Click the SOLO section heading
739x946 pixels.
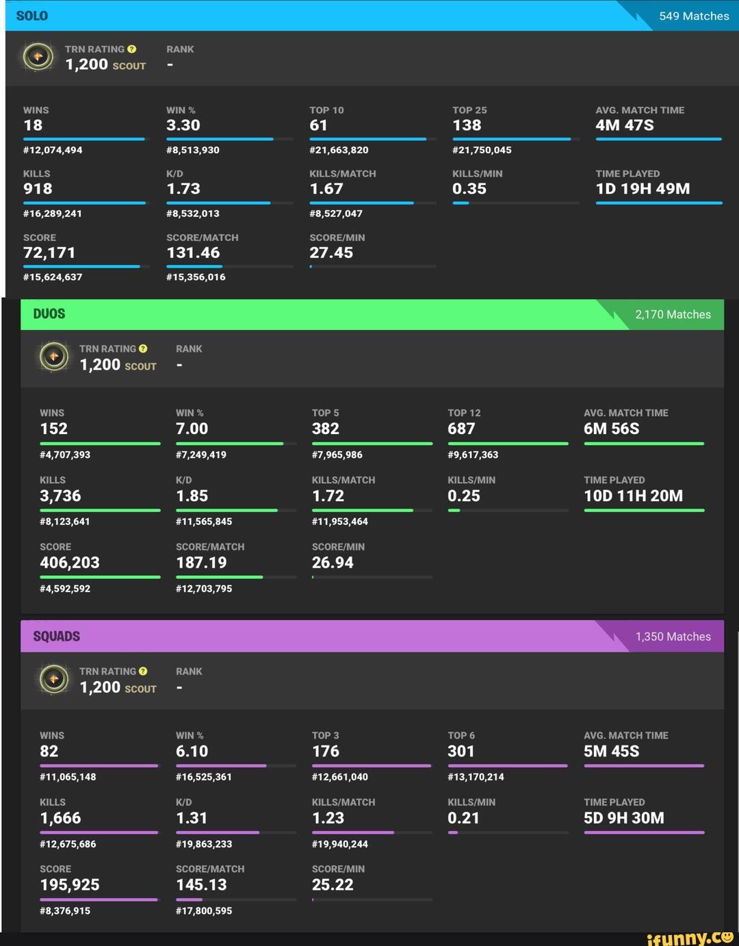click(x=32, y=16)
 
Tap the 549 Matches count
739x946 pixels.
click(x=694, y=16)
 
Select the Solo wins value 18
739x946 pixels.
click(x=33, y=125)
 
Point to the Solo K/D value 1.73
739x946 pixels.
click(x=183, y=189)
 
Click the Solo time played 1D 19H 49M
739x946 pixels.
click(x=643, y=189)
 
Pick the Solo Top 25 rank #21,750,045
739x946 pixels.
click(x=482, y=150)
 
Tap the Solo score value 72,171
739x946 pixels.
click(x=49, y=253)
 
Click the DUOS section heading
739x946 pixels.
click(x=49, y=314)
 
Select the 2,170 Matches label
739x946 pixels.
click(x=673, y=314)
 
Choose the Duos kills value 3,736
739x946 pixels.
click(x=60, y=496)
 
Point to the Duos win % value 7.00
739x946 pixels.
click(x=192, y=429)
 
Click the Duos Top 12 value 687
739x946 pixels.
click(x=461, y=429)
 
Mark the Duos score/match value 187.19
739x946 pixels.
click(x=201, y=563)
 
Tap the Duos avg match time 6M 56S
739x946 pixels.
click(x=611, y=429)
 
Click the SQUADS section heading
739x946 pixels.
click(x=57, y=637)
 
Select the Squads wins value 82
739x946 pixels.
click(x=49, y=752)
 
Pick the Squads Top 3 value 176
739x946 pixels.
click(x=326, y=752)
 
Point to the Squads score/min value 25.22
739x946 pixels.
click(x=333, y=885)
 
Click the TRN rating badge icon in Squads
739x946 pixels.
click(x=54, y=679)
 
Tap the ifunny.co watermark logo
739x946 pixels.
click(x=690, y=937)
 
